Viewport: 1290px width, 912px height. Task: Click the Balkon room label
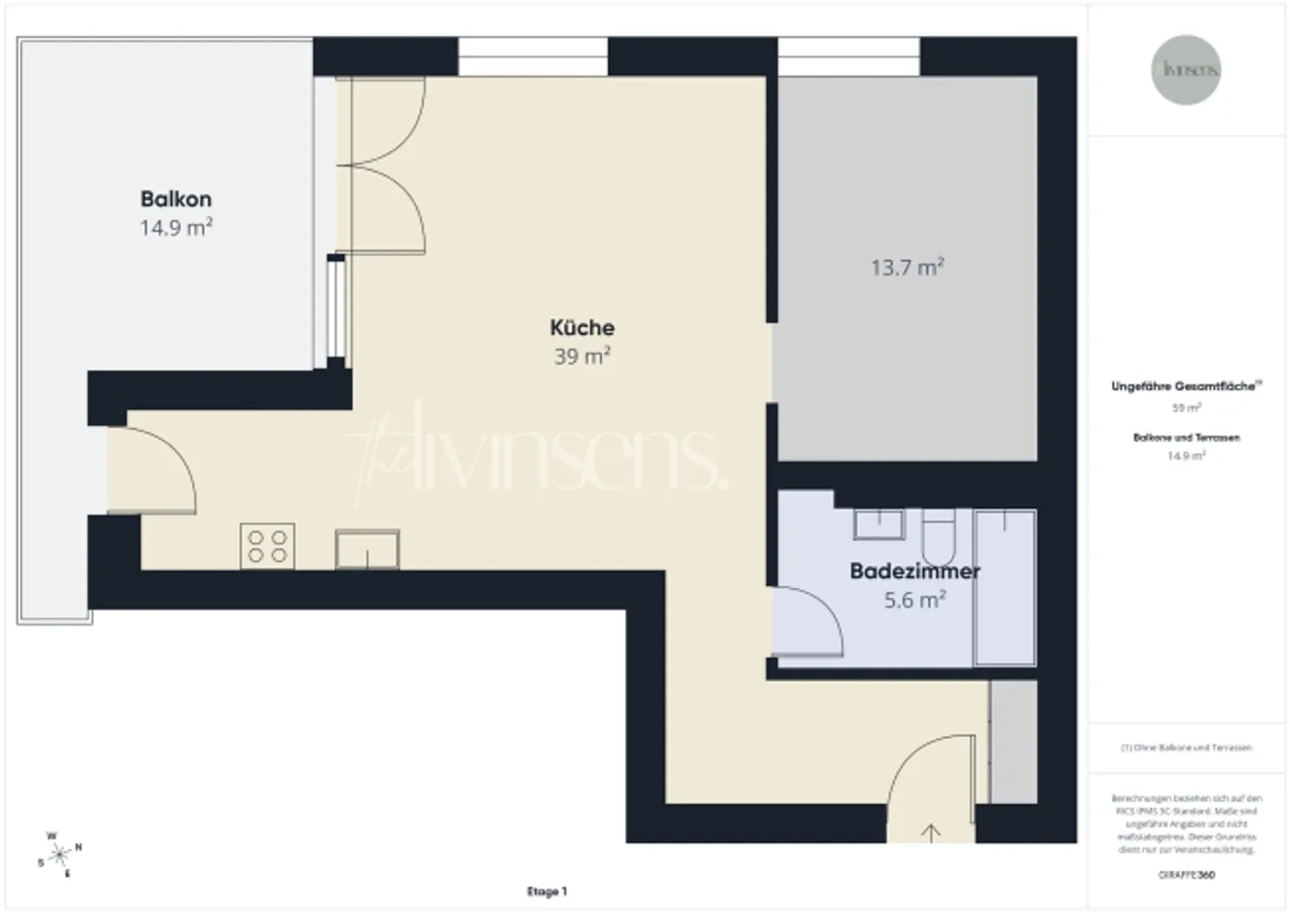176,199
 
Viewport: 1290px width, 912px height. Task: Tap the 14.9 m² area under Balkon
176,228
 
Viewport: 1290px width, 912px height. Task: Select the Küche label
582,327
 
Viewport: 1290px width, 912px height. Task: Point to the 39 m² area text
582,357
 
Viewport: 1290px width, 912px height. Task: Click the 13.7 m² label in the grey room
907,267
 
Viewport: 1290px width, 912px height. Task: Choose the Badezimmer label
915,571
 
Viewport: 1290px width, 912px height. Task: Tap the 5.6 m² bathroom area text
915,600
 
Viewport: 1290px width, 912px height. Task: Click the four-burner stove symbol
267,546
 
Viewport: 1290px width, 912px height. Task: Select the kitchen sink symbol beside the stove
367,549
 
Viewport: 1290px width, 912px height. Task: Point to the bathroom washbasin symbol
879,524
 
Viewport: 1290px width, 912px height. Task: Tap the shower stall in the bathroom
1004,587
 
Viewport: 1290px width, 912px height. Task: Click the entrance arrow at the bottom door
931,833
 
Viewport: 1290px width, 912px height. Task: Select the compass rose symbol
60,855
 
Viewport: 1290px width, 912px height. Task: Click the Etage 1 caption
546,891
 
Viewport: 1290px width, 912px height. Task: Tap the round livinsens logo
1186,70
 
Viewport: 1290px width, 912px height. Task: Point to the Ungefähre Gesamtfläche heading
1185,387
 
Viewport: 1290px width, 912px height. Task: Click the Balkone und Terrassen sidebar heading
1186,438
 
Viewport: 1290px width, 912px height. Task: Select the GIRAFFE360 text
1186,875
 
